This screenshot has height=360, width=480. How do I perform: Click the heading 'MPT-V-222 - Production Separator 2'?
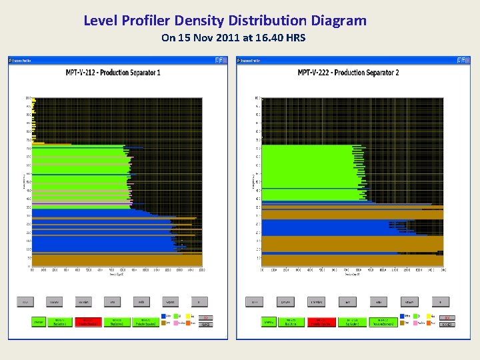(x=348, y=72)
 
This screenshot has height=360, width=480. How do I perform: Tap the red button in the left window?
(x=87, y=321)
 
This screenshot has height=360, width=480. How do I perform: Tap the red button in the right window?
(x=321, y=321)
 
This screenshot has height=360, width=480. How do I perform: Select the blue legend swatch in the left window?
(x=164, y=317)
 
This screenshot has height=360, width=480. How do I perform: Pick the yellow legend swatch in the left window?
(x=193, y=317)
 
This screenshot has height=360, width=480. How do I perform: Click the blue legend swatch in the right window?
(x=403, y=317)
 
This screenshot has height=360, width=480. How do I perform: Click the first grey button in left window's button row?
(x=26, y=301)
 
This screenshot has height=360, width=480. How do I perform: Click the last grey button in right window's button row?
(x=440, y=301)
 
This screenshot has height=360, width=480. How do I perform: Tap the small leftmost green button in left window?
(x=39, y=321)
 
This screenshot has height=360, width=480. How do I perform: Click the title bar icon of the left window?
(x=11, y=60)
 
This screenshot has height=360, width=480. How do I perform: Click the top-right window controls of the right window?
(x=463, y=60)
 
